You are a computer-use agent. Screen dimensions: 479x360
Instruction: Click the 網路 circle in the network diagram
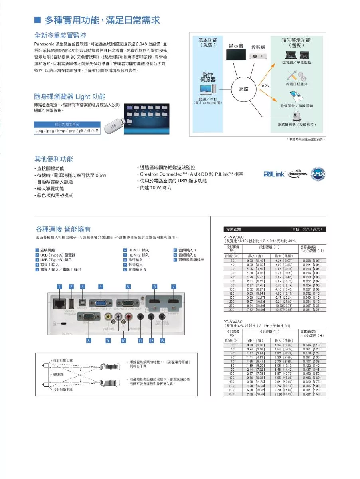(244, 89)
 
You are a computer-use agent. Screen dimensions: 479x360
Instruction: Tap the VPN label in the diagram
(266, 86)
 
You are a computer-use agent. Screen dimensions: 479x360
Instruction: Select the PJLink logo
(274, 174)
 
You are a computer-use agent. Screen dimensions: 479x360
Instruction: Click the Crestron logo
(298, 174)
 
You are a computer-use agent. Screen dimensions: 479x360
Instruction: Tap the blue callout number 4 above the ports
(101, 287)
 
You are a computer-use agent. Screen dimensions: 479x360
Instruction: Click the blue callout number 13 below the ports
(162, 340)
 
